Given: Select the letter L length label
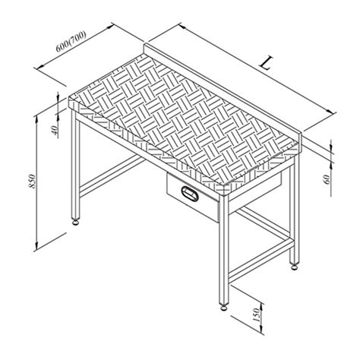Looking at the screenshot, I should [265, 64].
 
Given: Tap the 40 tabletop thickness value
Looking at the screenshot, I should [55, 130].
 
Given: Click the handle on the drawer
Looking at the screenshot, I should [189, 194].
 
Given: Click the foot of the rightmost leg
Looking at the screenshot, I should [294, 266].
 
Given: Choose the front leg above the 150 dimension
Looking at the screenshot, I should [223, 251].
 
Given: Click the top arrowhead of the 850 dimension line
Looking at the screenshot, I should [38, 115].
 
